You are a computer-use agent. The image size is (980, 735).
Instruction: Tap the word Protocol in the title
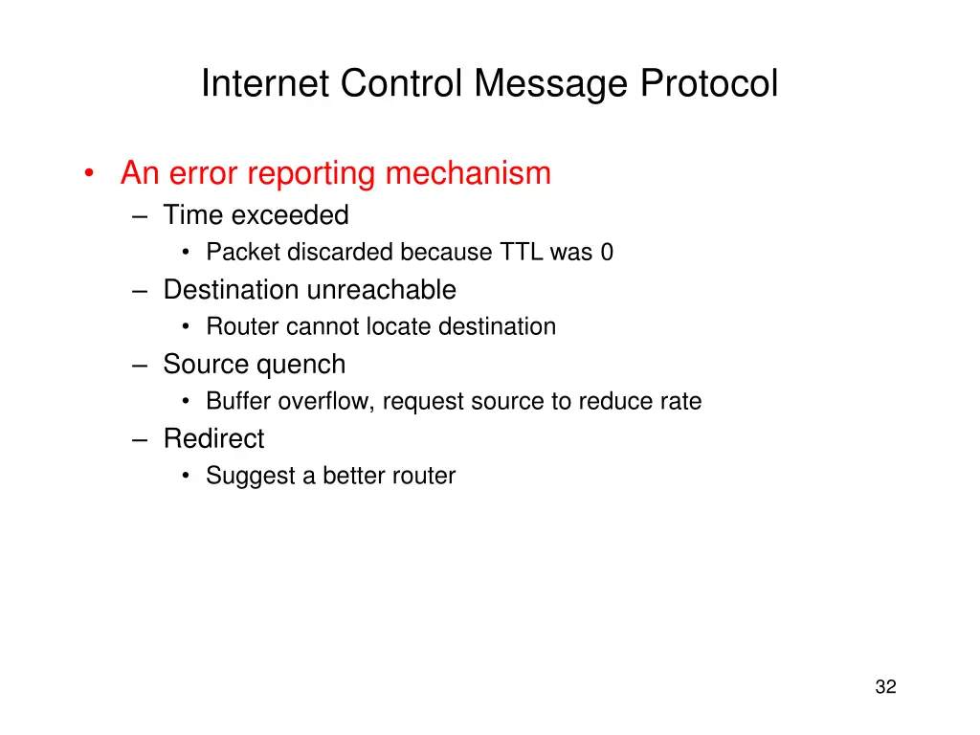(709, 84)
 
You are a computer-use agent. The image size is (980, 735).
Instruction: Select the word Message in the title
(552, 84)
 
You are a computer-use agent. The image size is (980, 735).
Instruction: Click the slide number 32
(885, 686)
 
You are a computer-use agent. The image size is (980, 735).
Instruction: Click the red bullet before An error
(89, 174)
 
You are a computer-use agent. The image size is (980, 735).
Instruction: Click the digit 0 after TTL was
(607, 252)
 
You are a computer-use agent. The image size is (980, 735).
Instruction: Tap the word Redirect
(213, 438)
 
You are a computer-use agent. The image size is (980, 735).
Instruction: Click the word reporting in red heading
(311, 173)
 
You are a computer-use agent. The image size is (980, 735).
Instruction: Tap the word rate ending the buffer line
(680, 401)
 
